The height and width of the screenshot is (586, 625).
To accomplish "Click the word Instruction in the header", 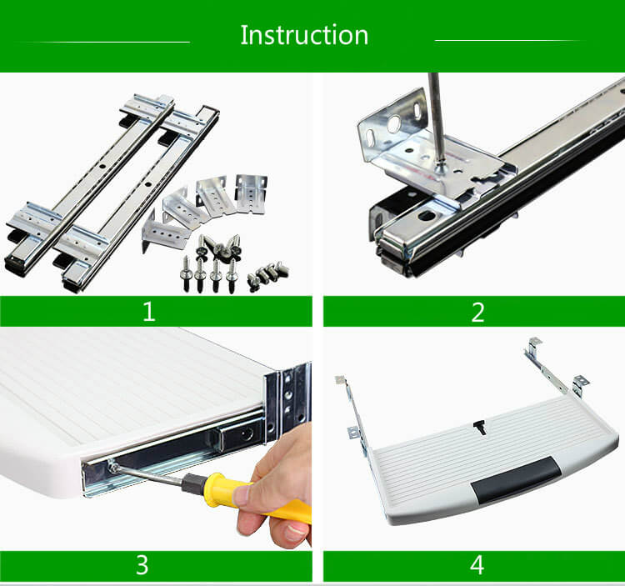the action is click(304, 35).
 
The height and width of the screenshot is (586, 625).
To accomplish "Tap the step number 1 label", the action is click(148, 311).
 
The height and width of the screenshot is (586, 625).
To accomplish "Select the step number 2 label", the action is click(477, 312).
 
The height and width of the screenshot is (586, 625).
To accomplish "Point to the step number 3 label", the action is click(142, 565).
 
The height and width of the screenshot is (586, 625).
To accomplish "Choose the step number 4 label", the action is click(477, 565).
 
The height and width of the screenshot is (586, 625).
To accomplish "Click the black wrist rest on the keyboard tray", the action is click(516, 481).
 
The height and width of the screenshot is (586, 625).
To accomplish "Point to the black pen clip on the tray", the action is click(480, 427).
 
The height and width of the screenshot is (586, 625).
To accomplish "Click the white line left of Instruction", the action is click(104, 42).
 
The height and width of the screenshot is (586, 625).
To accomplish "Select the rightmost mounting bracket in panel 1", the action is click(251, 193).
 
